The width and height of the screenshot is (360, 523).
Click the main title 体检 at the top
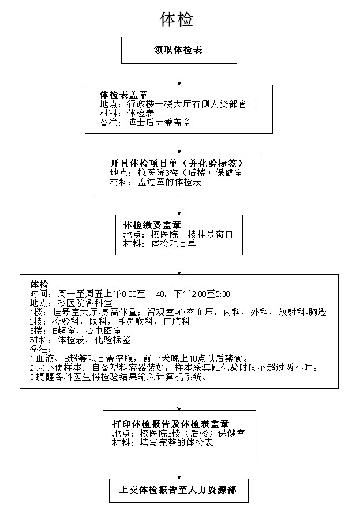177,19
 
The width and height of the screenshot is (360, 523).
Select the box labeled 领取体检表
179,50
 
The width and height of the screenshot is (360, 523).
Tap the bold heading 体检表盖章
124,95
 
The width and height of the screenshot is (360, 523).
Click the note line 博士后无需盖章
145,122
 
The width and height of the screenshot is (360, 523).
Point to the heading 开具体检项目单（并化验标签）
177,163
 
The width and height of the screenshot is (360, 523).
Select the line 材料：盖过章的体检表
156,182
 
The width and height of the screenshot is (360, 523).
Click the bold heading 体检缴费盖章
152,225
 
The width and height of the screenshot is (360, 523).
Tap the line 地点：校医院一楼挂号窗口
178,234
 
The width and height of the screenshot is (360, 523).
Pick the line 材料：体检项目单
159,243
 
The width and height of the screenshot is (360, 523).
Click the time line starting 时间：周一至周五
130,294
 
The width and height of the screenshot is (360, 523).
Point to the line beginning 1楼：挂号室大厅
178,312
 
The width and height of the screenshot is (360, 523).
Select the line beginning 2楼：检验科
110,322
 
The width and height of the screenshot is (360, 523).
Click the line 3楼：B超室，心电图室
76,331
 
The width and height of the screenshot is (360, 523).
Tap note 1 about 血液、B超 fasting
140,359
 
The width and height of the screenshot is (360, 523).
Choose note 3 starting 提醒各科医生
118,377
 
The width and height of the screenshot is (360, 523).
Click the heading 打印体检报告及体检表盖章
171,424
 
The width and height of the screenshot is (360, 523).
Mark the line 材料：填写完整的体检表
163,443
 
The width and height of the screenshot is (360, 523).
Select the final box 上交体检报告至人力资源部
178,491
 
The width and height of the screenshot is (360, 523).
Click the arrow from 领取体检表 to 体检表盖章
179,74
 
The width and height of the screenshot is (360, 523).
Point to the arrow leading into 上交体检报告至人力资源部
179,469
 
